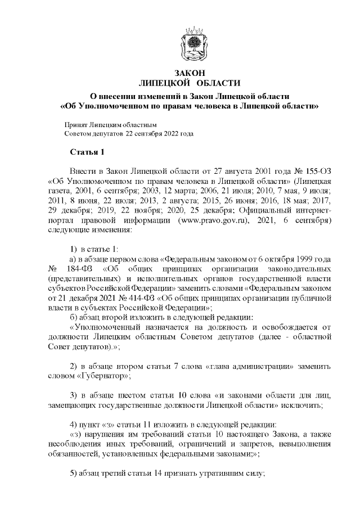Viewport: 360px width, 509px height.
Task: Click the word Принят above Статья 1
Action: tap(76, 125)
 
